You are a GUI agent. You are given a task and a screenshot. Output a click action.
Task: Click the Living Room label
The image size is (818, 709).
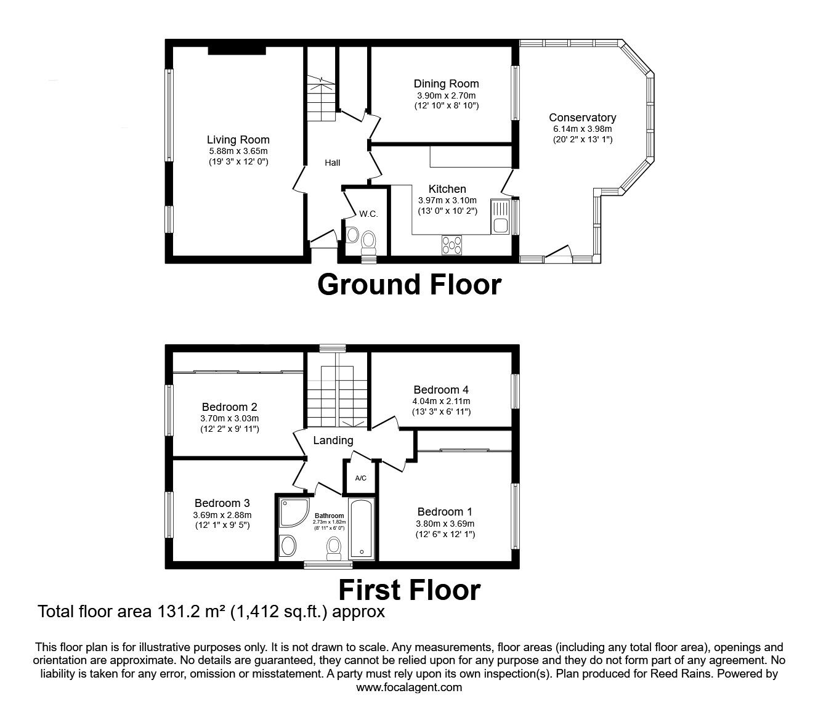238,140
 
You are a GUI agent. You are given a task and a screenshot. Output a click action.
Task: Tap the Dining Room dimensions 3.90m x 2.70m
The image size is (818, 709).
447,95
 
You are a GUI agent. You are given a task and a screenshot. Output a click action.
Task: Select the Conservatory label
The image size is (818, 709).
583,118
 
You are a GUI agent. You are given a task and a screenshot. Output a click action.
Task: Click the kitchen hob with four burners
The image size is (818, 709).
452,245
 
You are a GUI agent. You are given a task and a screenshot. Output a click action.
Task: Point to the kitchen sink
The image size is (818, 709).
500,217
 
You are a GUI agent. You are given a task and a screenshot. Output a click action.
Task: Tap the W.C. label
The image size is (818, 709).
368,214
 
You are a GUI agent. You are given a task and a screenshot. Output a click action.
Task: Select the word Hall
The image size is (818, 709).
333,163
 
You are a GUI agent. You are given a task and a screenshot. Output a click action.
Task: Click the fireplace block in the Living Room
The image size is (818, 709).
237,51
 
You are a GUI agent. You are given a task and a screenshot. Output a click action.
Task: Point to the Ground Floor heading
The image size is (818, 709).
409,285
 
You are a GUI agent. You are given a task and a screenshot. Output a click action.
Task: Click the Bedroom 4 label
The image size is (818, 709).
441,390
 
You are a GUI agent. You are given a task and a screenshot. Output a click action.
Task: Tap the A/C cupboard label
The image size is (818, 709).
360,478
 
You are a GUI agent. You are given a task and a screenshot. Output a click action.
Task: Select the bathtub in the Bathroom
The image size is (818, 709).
361,529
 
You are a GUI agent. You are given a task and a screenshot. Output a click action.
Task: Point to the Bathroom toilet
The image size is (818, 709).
334,548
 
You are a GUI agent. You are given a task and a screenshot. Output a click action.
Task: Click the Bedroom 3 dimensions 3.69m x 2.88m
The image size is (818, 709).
222,515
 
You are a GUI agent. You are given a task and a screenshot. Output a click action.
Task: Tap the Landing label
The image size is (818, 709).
333,440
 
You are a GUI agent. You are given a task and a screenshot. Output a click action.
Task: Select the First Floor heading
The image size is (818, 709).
409,590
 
